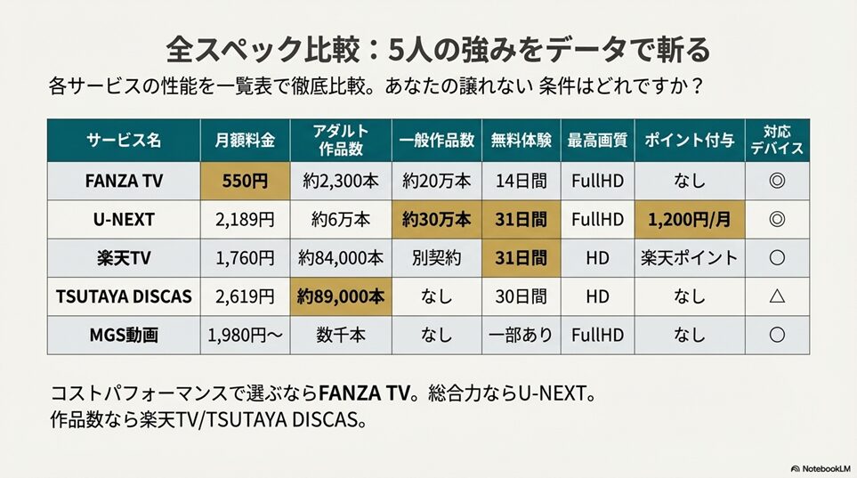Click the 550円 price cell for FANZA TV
pos(246,181)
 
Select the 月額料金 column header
pos(246,140)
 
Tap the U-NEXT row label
pos(124,220)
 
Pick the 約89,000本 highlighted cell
pos(341,296)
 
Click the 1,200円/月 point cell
pos(689,220)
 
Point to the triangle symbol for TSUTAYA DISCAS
pos(776,296)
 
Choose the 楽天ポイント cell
pos(689,258)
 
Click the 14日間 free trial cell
pos(521,181)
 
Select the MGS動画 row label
pos(124,336)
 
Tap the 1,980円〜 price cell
pos(246,336)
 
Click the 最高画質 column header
pos(597,140)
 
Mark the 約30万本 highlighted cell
pos(436,220)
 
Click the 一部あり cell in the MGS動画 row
pos(521,336)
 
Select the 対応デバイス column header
pos(776,140)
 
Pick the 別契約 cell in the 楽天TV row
pos(436,258)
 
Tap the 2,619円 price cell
pos(246,296)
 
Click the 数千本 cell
pos(341,336)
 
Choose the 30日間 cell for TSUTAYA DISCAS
pos(521,296)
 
